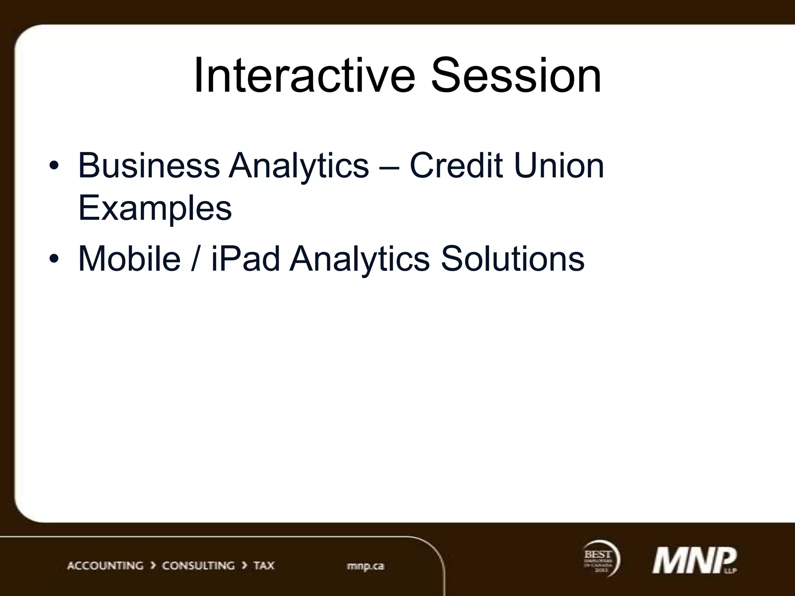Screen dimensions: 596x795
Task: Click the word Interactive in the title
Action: pyautogui.click(x=304, y=76)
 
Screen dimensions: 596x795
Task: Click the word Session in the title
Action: pyautogui.click(x=516, y=76)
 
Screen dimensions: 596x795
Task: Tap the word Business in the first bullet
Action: pyautogui.click(x=149, y=166)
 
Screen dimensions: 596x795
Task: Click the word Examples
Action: pyautogui.click(x=155, y=209)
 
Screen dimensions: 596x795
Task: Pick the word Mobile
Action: pyautogui.click(x=130, y=258)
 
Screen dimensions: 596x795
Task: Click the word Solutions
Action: pyautogui.click(x=512, y=258)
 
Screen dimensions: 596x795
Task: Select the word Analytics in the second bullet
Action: pyautogui.click(x=360, y=259)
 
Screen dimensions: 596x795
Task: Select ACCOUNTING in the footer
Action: pyautogui.click(x=105, y=566)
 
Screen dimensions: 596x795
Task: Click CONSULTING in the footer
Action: pyautogui.click(x=198, y=566)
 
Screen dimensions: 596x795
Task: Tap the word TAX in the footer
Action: pyautogui.click(x=264, y=566)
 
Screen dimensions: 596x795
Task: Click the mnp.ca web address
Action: pyautogui.click(x=365, y=566)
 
